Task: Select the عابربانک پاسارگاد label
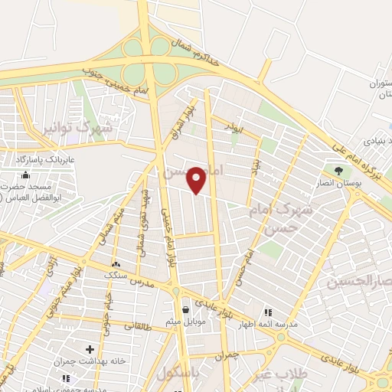tap(39, 159)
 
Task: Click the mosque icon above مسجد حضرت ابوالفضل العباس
tap(26, 175)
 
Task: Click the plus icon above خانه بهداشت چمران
tap(90, 349)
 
